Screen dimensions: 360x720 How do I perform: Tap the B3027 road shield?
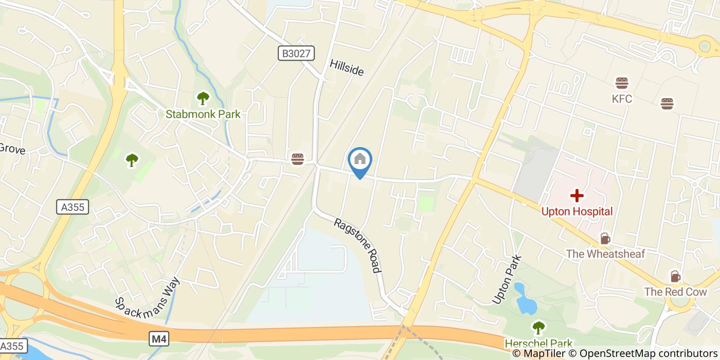296,53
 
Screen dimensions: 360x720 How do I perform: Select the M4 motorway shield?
159,338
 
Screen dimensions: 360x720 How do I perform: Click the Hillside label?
347,67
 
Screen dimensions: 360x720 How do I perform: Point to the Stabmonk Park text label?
203,114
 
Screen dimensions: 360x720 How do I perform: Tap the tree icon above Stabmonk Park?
203,97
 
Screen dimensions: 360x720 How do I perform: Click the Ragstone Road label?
357,245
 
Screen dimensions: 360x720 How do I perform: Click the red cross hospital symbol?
577,195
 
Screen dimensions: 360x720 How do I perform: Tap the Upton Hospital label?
577,211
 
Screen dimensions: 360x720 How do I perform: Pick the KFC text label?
622,99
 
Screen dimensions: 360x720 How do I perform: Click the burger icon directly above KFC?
622,83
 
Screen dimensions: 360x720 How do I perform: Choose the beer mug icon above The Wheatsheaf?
605,239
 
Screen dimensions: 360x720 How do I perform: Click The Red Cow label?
675,292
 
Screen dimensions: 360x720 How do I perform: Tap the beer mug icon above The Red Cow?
675,276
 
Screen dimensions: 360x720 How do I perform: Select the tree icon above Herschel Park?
538,327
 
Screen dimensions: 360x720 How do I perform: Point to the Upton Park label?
507,280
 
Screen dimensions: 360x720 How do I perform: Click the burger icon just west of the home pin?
297,159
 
